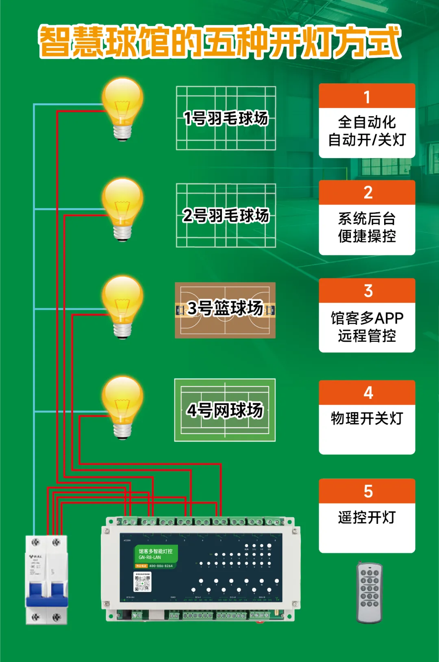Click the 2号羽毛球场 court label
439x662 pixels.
coord(226,215)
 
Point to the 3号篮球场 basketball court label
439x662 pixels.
coord(225,308)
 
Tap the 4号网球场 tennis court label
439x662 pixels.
coord(225,410)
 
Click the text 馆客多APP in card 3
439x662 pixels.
coord(367,318)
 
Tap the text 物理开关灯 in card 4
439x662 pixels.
coord(367,418)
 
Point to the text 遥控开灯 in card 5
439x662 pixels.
coord(367,517)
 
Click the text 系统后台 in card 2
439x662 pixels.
coord(367,219)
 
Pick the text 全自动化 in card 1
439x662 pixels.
coord(367,122)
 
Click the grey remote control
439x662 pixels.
coord(369,593)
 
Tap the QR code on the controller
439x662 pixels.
coord(142,582)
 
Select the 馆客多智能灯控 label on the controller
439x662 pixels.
coord(156,551)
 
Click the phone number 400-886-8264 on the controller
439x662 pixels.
coord(161,566)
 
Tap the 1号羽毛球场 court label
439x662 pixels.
coord(226,118)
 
